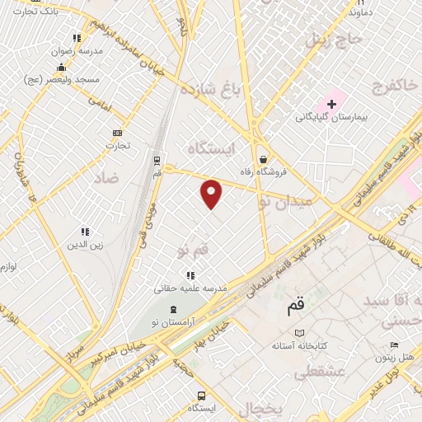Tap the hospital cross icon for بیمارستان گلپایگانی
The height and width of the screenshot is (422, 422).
click(331, 105)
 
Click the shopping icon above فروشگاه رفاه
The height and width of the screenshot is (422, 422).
click(263, 160)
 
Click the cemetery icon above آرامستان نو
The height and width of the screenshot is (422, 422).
click(172, 308)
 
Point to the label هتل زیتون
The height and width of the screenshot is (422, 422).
click(397, 358)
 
